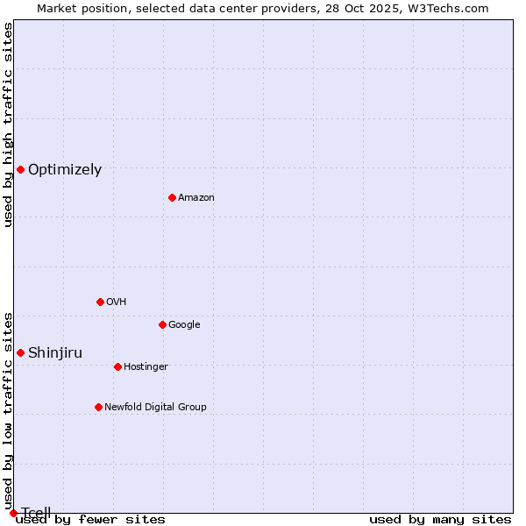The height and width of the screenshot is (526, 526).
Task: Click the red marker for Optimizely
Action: (20, 169)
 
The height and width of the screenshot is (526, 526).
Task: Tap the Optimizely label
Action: (65, 170)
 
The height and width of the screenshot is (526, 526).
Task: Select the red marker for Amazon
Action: (172, 197)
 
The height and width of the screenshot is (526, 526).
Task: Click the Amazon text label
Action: (196, 198)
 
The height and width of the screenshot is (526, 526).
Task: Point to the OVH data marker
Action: (100, 302)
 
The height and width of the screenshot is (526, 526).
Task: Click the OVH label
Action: (117, 302)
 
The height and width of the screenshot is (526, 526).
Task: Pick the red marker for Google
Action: (162, 324)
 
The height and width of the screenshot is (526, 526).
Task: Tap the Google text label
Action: (184, 325)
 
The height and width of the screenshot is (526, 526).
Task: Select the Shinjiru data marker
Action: (20, 352)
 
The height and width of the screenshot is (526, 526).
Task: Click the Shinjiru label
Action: (55, 353)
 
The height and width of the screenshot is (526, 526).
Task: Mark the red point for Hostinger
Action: (117, 366)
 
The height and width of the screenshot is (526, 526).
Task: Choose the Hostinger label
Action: (146, 367)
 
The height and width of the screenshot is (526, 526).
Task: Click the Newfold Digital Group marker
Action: (98, 407)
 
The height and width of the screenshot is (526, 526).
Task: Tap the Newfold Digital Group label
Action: (155, 408)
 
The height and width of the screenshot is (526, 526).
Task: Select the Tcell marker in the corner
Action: (13, 513)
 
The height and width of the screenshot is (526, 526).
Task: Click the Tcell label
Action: (36, 513)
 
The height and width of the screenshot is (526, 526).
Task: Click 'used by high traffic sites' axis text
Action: (8, 124)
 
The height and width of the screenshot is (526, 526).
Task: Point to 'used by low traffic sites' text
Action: (8, 410)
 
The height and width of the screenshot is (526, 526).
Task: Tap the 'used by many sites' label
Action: (440, 520)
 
